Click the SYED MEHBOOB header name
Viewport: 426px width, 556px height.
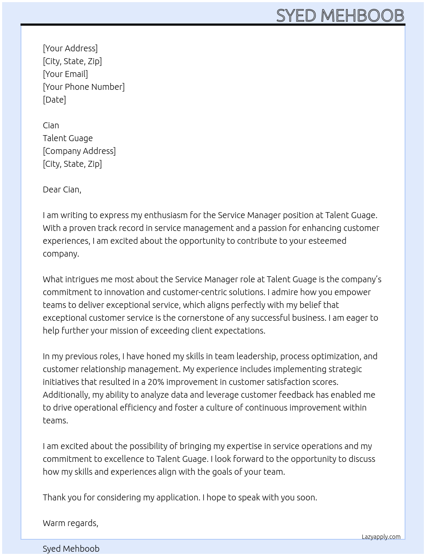click(x=340, y=15)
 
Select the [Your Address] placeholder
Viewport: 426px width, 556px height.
click(x=70, y=48)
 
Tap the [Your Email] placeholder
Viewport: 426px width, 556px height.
click(x=65, y=74)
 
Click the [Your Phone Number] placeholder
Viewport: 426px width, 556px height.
click(x=84, y=87)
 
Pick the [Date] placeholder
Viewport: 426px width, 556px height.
click(x=54, y=100)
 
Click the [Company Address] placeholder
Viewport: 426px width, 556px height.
click(x=79, y=151)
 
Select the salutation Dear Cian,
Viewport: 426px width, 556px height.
click(x=62, y=189)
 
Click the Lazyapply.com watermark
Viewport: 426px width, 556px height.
click(x=381, y=537)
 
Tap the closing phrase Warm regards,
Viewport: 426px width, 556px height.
click(x=71, y=523)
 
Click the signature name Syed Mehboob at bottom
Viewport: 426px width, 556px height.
click(x=71, y=549)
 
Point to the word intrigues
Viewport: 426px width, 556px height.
click(x=82, y=279)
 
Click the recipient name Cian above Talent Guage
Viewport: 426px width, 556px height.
click(x=51, y=125)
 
